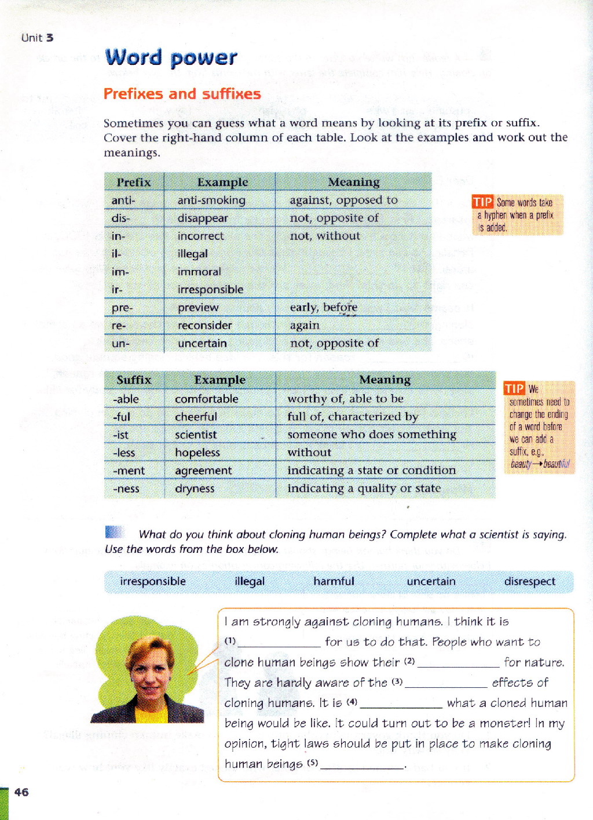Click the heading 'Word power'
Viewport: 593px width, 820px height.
point(171,57)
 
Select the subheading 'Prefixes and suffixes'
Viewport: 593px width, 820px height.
point(182,94)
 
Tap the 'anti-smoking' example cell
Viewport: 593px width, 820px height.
point(211,201)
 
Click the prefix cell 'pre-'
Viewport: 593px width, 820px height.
point(122,308)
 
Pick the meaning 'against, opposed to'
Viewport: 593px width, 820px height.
point(343,200)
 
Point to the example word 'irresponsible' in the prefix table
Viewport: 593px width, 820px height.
point(210,290)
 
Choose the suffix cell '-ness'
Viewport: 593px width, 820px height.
point(126,489)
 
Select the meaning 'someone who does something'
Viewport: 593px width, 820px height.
point(372,434)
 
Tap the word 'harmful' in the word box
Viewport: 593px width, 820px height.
point(334,581)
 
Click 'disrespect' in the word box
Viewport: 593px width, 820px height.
point(529,581)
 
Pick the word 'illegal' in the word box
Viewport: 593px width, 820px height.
point(250,581)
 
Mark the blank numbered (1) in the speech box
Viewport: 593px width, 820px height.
point(279,642)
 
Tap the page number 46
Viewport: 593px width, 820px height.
point(21,792)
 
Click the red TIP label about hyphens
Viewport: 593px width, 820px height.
point(482,202)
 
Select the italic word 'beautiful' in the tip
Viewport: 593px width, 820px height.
point(556,464)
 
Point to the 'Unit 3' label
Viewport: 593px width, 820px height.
point(37,38)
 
